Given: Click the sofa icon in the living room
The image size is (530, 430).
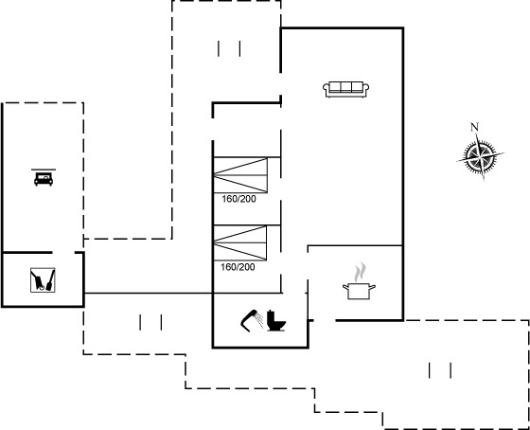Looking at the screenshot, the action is [x=345, y=89].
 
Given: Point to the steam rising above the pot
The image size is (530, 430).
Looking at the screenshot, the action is [x=360, y=273].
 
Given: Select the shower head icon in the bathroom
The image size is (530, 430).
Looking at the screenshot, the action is [x=252, y=320].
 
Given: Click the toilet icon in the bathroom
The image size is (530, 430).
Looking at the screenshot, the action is [x=276, y=320].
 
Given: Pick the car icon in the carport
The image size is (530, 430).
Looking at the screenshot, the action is [x=44, y=179].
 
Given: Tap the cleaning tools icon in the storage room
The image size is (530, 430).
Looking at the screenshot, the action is [x=43, y=280].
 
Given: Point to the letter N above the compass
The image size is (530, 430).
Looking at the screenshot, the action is [x=474, y=127].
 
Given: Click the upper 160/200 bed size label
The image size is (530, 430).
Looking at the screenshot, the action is [x=238, y=199].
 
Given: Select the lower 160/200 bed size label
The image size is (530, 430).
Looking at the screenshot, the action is [x=238, y=267].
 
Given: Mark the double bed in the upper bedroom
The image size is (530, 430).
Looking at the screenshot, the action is [x=240, y=175].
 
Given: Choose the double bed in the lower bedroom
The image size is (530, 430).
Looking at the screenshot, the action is [x=240, y=242].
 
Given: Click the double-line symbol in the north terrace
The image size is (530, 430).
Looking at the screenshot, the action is [x=229, y=48].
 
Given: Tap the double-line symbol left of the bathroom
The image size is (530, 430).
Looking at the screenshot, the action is [x=150, y=322].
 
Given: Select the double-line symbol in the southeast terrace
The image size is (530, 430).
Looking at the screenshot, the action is [x=440, y=370].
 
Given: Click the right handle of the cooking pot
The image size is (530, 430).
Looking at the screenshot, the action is [x=372, y=288].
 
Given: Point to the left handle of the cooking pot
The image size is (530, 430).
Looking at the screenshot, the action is [x=345, y=288].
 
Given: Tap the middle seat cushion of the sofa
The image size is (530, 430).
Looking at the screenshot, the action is [x=345, y=87].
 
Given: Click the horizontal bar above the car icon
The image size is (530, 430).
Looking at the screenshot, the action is [x=44, y=170].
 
